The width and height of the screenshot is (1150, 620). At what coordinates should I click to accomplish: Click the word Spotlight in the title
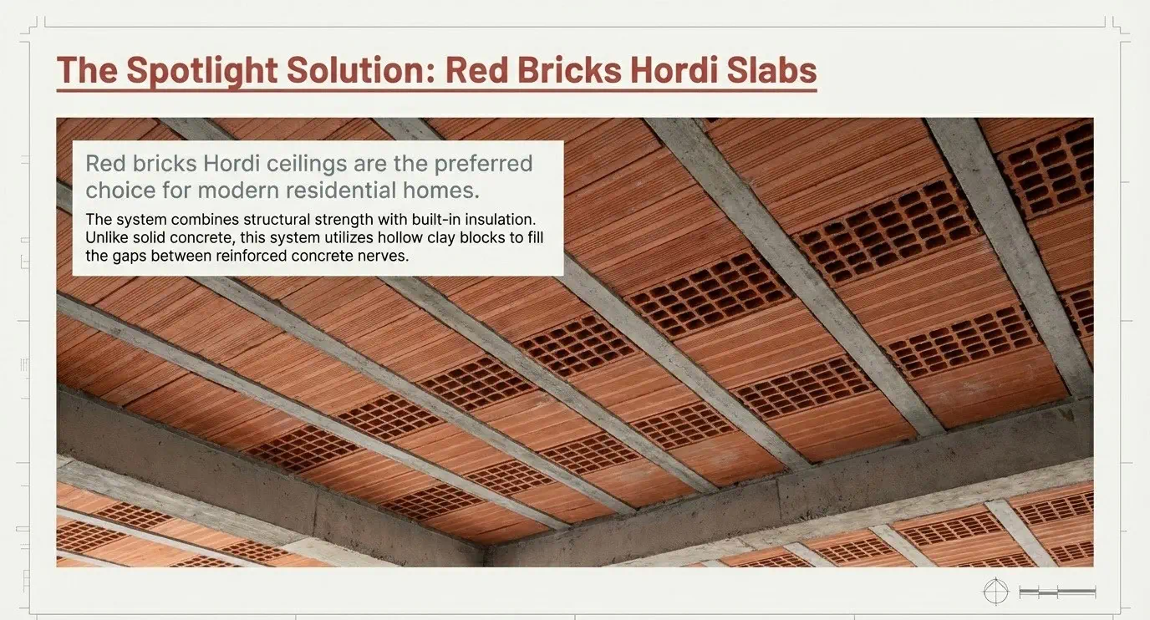[x=202, y=70]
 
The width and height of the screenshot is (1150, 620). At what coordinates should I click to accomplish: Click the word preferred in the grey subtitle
[x=484, y=165]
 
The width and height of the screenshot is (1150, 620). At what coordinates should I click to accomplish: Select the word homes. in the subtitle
[x=441, y=191]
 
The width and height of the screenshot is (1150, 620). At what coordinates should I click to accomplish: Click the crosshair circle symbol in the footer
[x=995, y=592]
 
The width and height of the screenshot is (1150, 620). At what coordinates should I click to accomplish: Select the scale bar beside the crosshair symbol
[x=1057, y=592]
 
